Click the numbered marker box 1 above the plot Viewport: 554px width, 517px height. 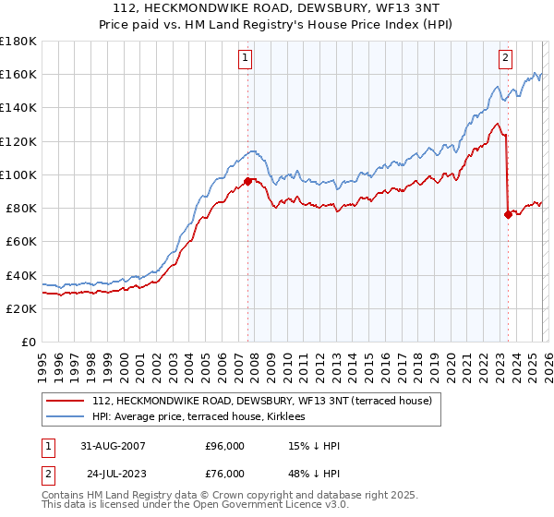(247, 58)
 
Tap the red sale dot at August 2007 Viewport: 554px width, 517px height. (247, 181)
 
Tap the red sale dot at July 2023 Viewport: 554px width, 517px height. (508, 214)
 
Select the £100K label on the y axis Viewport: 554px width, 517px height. (18, 174)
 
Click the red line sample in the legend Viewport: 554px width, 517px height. (66, 402)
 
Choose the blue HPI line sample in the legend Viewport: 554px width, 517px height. (66, 417)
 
